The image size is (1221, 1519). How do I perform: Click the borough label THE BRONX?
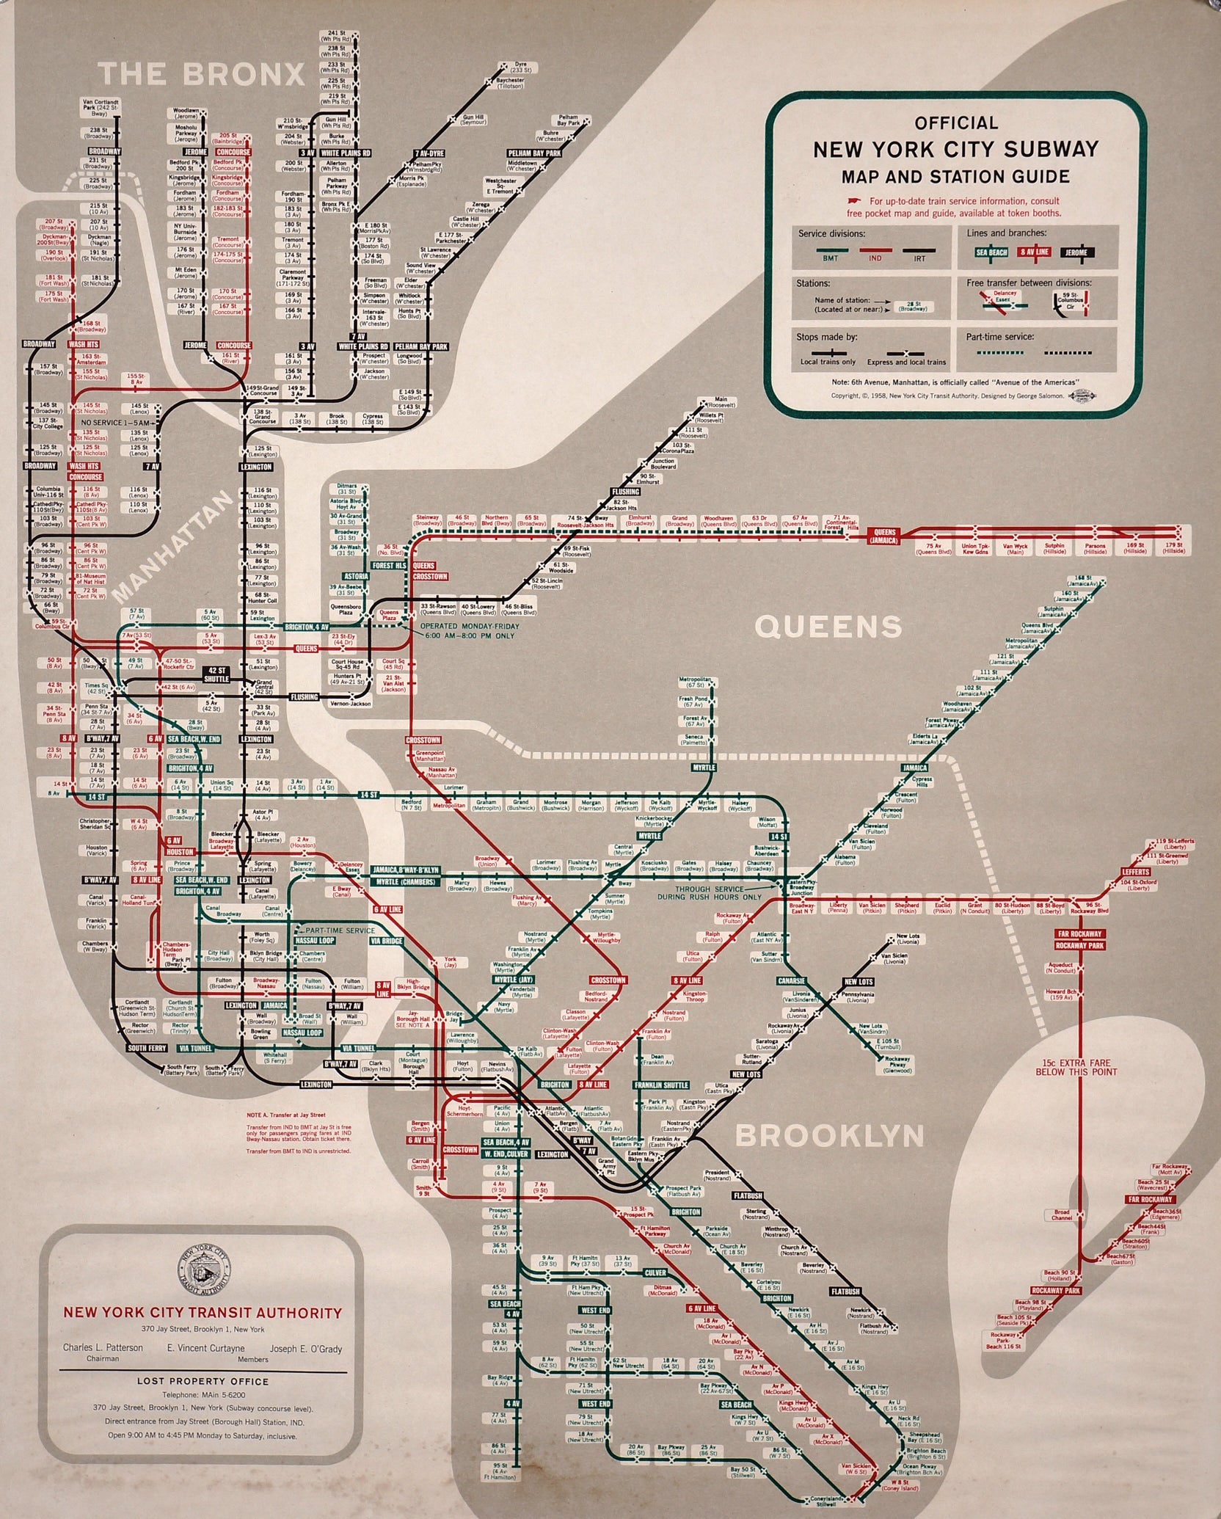[x=201, y=74]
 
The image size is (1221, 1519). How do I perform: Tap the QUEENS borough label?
[x=828, y=626]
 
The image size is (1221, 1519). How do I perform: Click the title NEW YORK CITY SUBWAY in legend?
[x=955, y=149]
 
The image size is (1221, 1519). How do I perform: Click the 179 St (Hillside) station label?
[x=1174, y=547]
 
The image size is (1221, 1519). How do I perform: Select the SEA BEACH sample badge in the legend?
[x=991, y=252]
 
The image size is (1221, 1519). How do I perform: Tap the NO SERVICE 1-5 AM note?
[x=119, y=423]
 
